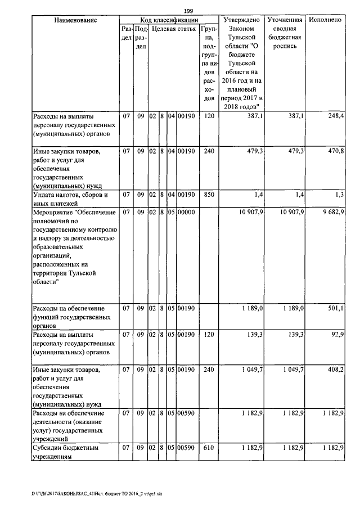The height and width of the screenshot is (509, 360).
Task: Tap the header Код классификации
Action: (168, 20)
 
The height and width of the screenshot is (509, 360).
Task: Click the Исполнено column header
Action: (325, 20)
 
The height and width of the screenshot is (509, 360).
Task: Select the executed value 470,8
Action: (335, 151)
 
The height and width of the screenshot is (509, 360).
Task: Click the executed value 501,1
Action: (336, 309)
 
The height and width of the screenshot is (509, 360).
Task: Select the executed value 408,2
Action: (335, 371)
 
